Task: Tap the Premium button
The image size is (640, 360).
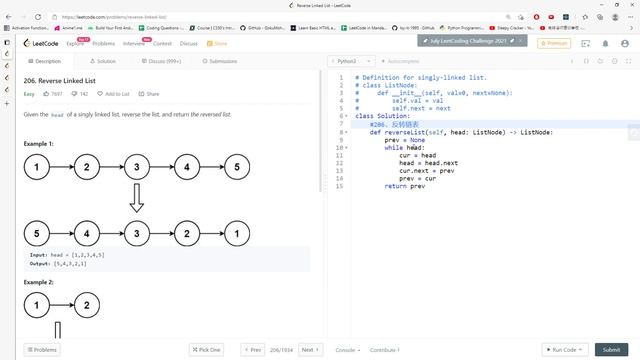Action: (555, 43)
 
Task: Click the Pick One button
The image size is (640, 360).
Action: (207, 350)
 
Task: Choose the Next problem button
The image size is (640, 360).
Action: (309, 350)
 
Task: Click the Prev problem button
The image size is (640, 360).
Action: (253, 350)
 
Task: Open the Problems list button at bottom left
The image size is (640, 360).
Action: (43, 350)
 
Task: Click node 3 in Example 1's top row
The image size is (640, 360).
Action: (137, 167)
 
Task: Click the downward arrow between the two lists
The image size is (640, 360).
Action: (137, 200)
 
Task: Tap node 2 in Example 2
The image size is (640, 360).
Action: (87, 304)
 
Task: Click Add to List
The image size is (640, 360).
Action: (115, 93)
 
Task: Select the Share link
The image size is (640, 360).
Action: (150, 93)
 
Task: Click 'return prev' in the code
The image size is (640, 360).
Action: (397, 186)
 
